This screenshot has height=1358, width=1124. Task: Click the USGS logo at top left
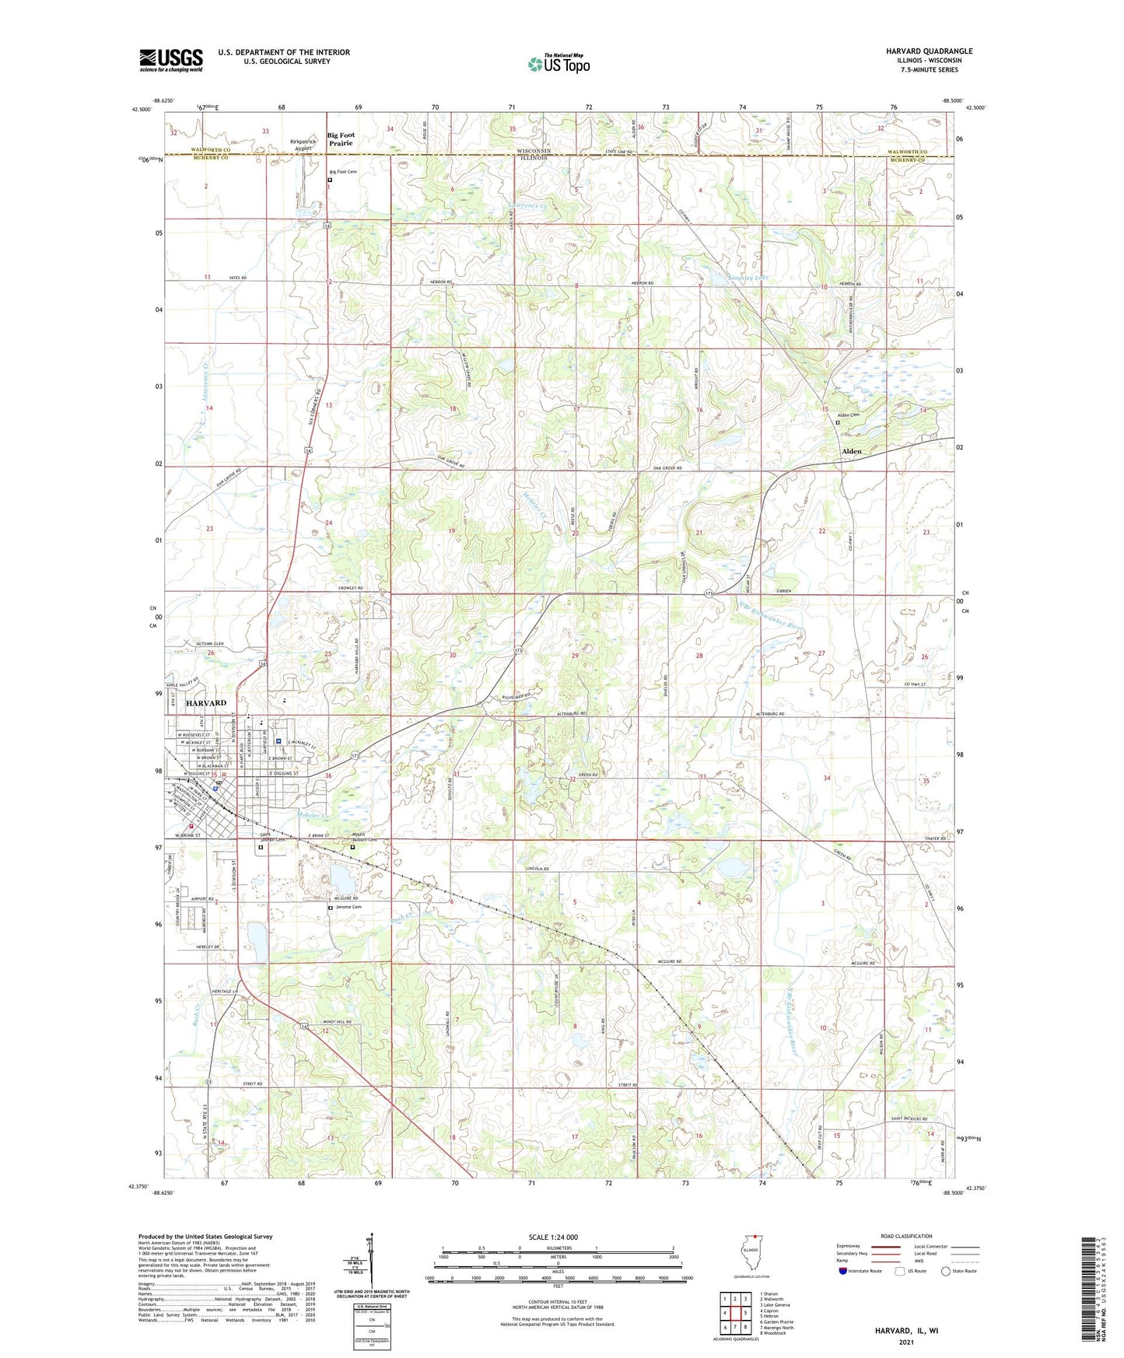click(x=171, y=60)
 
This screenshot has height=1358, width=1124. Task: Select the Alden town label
click(x=852, y=451)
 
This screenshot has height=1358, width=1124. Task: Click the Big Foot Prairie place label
click(x=340, y=138)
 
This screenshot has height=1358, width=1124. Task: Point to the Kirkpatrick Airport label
click(x=303, y=145)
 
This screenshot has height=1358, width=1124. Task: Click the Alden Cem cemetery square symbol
click(x=838, y=423)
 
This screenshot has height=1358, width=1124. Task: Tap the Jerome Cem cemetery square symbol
click(x=330, y=908)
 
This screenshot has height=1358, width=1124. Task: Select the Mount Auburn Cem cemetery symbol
click(x=353, y=848)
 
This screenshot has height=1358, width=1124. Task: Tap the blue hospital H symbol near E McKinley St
click(x=278, y=741)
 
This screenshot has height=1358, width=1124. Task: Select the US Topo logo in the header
click(x=558, y=65)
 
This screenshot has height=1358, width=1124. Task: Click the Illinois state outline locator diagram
click(x=750, y=1260)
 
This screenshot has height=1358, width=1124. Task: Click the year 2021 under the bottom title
click(x=905, y=1342)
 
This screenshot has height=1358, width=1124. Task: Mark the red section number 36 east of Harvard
click(x=328, y=775)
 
